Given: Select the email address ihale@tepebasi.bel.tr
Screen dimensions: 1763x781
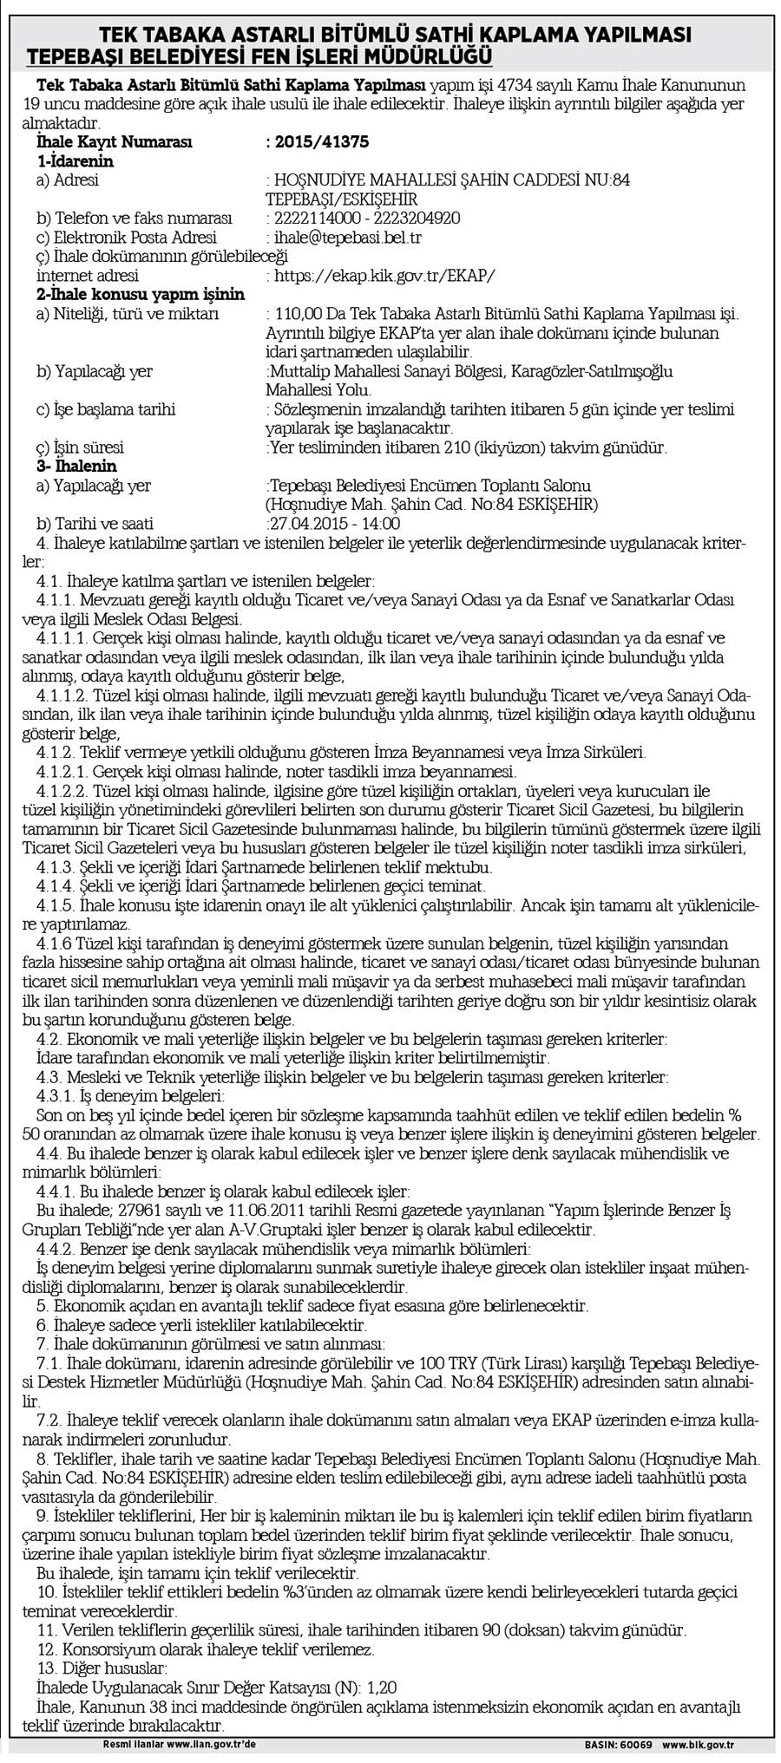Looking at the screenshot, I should (349, 237).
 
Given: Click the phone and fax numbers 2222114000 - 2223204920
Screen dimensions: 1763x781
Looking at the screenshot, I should (366, 218).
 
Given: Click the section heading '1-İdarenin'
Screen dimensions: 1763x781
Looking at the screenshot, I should (75, 161).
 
